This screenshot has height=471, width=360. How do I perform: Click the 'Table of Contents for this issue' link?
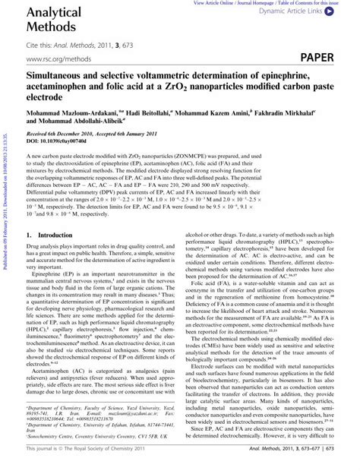click(317, 3)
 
